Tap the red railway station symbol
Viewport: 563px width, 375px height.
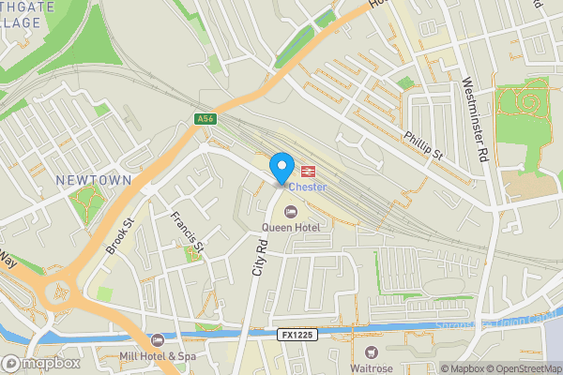click(307, 170)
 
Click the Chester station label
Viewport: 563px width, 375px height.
click(307, 187)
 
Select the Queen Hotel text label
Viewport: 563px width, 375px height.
click(291, 227)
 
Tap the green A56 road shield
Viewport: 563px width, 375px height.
click(206, 119)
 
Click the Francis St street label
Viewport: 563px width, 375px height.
click(187, 230)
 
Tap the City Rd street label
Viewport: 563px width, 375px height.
click(260, 256)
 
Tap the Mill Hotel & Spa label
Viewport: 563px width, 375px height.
click(158, 356)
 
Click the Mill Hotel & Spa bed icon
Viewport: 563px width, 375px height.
click(158, 339)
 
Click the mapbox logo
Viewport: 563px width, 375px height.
click(39, 363)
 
